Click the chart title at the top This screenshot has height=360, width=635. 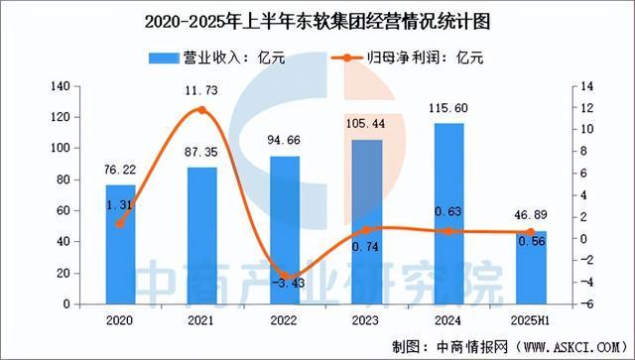(317, 19)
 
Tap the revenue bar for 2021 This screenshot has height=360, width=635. (202, 236)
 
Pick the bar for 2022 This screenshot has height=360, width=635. (284, 230)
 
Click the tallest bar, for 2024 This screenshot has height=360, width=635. (448, 214)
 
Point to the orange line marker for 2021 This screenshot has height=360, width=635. (202, 110)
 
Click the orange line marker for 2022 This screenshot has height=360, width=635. (284, 276)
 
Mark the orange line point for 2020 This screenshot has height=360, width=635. (120, 224)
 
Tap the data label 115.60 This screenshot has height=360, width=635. (448, 107)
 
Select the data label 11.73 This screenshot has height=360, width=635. (201, 90)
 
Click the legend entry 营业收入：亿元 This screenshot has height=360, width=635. (218, 57)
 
